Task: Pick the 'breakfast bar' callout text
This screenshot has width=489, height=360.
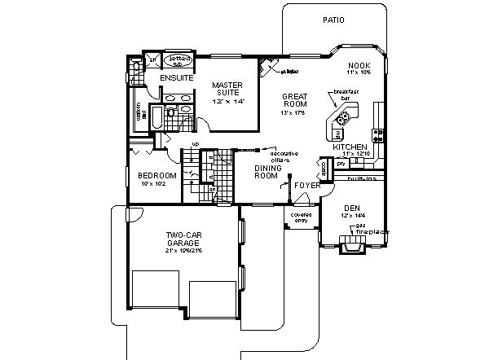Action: click(x=346, y=94)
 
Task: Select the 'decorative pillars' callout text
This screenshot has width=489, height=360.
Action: click(x=284, y=156)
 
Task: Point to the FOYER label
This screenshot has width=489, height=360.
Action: click(x=306, y=185)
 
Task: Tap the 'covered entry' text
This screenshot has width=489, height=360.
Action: click(x=302, y=217)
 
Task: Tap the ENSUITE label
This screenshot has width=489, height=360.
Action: click(x=176, y=78)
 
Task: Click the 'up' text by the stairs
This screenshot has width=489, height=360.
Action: click(x=195, y=144)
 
